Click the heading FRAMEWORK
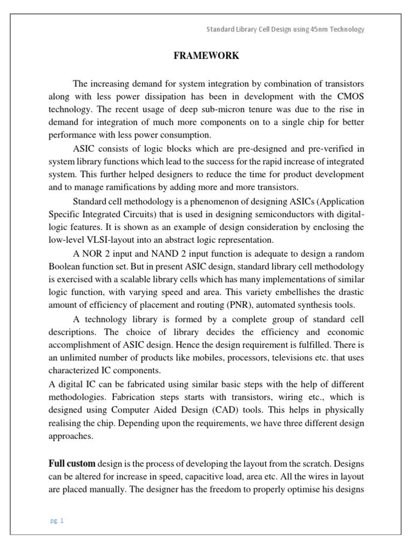coord(206,56)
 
